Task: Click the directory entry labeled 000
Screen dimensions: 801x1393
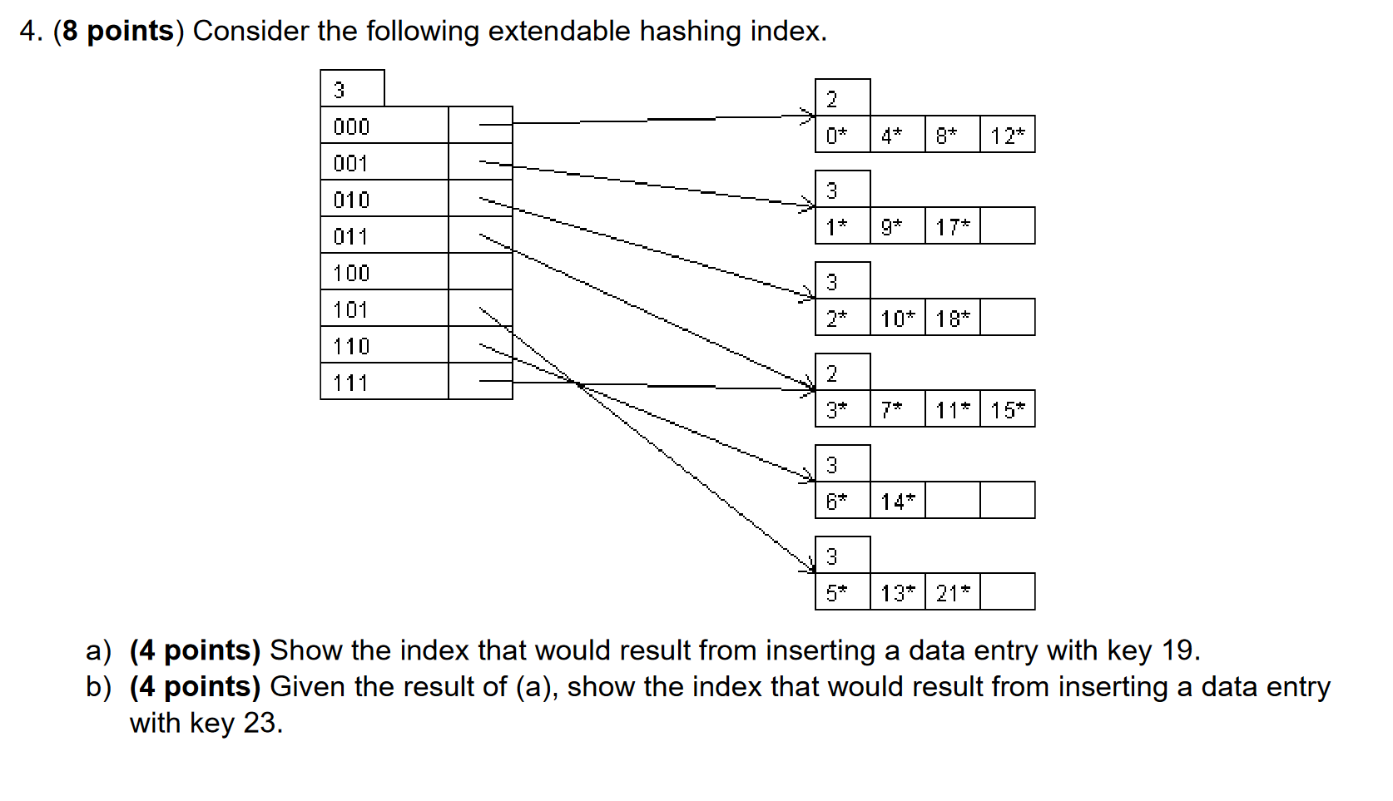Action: pyautogui.click(x=384, y=126)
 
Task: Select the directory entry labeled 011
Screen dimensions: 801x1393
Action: pyautogui.click(x=384, y=235)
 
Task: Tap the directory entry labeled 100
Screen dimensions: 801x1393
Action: pyautogui.click(x=384, y=272)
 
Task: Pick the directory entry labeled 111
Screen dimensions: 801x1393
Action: pyautogui.click(x=384, y=382)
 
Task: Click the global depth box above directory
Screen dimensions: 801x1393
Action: pyautogui.click(x=352, y=89)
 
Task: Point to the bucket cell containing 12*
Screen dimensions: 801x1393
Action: pyautogui.click(x=1007, y=135)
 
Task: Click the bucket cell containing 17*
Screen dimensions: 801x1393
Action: pyautogui.click(x=952, y=226)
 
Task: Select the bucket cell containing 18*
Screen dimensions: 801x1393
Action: pyautogui.click(x=952, y=318)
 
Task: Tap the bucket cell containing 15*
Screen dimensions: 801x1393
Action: pyautogui.click(x=1007, y=409)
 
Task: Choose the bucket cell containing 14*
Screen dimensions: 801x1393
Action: pyautogui.click(x=897, y=501)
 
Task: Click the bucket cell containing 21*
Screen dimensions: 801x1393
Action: pyautogui.click(x=952, y=592)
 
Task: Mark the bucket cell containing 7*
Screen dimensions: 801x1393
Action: pyautogui.click(x=897, y=409)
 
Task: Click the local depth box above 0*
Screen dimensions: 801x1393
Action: pyautogui.click(x=842, y=98)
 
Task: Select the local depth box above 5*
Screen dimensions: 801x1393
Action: pyautogui.click(x=842, y=556)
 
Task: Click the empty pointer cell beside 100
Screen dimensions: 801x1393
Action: pyautogui.click(x=480, y=272)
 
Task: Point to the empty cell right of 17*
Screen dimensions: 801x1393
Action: pyautogui.click(x=1007, y=226)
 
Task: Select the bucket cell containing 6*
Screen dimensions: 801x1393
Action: pyautogui.click(x=842, y=501)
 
